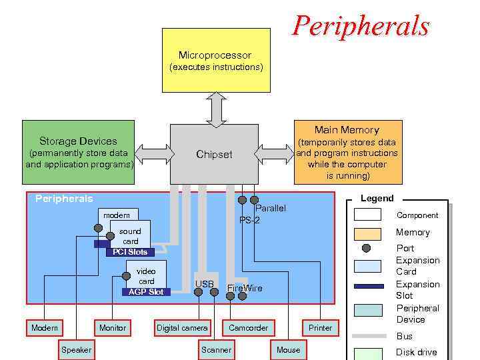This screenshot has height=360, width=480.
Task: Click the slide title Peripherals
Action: (361, 25)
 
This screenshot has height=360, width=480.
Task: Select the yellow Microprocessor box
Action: (216, 60)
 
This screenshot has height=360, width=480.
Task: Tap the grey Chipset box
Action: (214, 154)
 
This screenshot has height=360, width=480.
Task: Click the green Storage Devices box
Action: (78, 152)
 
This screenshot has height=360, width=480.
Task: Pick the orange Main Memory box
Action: (347, 152)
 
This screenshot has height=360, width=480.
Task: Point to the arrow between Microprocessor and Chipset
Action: (216, 109)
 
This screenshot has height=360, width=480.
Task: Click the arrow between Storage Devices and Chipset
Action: (152, 154)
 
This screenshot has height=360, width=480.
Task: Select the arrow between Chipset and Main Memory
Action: (273, 154)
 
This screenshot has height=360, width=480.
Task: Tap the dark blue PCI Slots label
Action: (129, 252)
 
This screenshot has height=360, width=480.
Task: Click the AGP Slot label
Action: (146, 292)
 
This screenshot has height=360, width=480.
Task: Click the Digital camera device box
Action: (182, 327)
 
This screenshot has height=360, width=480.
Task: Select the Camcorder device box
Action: (248, 327)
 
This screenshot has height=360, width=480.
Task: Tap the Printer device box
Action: (320, 327)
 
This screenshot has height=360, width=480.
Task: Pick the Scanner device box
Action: (216, 349)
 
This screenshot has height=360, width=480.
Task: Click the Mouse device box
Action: (288, 349)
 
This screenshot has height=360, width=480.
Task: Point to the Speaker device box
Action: (77, 349)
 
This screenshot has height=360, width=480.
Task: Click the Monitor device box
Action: (112, 327)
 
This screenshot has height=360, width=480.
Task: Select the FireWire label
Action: (245, 288)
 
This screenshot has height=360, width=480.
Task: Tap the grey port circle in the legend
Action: (366, 248)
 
